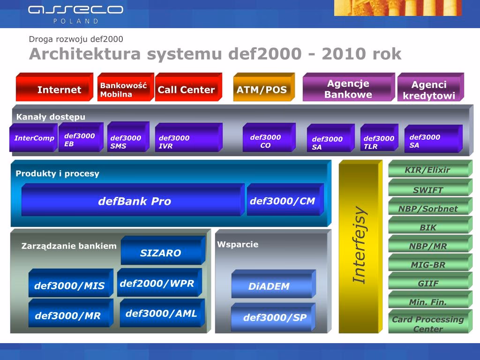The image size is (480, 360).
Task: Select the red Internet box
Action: click(x=54, y=87)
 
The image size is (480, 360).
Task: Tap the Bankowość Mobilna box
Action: click(x=126, y=87)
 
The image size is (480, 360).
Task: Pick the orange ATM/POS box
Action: click(x=264, y=87)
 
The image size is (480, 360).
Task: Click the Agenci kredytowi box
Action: click(x=431, y=87)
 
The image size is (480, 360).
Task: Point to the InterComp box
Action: click(x=33, y=138)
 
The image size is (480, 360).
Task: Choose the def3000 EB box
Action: click(x=81, y=137)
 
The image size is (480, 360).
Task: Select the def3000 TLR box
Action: click(x=379, y=138)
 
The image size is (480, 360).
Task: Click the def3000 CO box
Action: click(x=269, y=137)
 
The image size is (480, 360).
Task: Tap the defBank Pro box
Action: click(x=133, y=200)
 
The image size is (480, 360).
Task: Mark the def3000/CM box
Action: click(x=285, y=200)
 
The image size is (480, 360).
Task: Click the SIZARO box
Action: click(x=163, y=250)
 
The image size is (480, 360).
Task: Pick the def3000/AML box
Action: click(x=162, y=313)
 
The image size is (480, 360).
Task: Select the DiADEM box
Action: click(x=274, y=284)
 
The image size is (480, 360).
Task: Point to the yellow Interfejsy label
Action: click(x=360, y=245)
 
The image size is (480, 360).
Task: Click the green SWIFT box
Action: click(x=430, y=187)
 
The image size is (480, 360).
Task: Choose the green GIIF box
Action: click(x=430, y=281)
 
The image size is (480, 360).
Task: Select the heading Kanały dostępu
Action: click(x=51, y=117)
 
